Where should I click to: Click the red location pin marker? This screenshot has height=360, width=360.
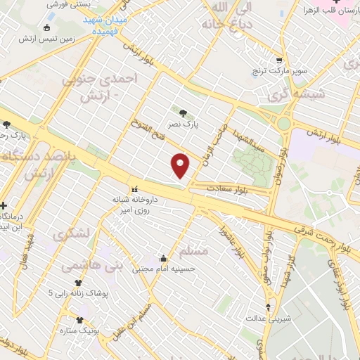click(x=181, y=165)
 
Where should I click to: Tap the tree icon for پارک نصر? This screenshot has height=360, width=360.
click(x=184, y=111)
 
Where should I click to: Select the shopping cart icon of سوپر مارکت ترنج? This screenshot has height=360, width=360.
click(x=280, y=61)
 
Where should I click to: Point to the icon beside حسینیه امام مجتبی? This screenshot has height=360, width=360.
click(x=163, y=257)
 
